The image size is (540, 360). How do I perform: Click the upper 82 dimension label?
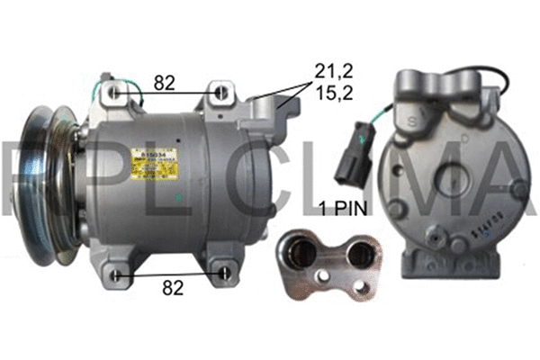[x=163, y=82]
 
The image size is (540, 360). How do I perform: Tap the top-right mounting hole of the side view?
[x=220, y=92]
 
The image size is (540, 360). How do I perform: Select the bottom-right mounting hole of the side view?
[x=223, y=273]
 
